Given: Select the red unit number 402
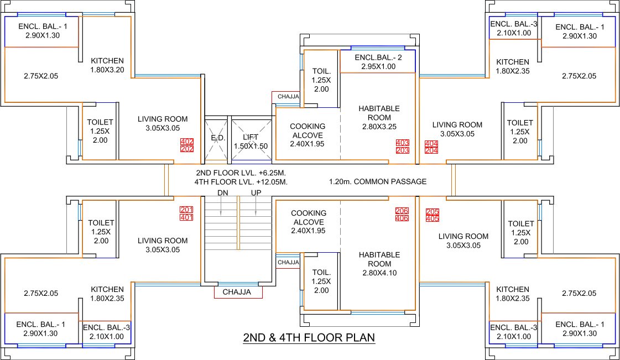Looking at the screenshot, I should (x=186, y=142).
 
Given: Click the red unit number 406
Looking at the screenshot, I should (x=402, y=218).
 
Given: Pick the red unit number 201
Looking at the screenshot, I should (x=186, y=210).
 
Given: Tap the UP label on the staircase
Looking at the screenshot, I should (x=256, y=192).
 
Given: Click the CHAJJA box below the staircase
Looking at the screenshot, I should (x=237, y=292).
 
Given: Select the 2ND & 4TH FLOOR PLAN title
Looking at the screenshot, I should (x=309, y=337).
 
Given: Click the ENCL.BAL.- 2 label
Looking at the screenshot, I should (x=378, y=58).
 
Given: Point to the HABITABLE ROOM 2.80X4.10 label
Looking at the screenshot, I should (x=379, y=264).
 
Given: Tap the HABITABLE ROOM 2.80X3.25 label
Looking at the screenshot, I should (x=379, y=118).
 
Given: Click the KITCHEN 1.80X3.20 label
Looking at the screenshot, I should (x=107, y=65).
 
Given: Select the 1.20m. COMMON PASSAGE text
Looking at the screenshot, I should (x=377, y=181).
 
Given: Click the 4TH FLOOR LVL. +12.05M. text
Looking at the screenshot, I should (x=242, y=181).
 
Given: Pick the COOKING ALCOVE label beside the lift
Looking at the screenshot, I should (x=308, y=135).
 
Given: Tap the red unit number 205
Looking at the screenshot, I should (x=432, y=211).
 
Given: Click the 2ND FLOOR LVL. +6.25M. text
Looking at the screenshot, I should (x=242, y=173).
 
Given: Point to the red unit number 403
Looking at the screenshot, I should (x=402, y=143).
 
